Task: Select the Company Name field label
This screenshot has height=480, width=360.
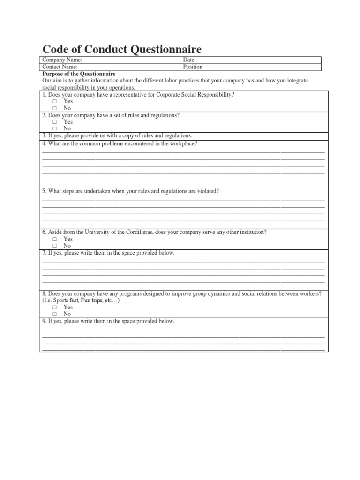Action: [62, 60]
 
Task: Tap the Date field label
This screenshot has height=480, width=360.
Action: [189, 60]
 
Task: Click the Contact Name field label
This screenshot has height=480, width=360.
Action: [60, 67]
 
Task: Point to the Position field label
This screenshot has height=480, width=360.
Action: [193, 67]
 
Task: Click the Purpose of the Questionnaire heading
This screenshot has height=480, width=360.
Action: [79, 74]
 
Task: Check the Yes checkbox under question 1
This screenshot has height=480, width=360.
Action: [54, 101]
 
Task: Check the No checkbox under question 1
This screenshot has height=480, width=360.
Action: [54, 108]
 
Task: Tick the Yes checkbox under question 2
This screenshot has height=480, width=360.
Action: [54, 122]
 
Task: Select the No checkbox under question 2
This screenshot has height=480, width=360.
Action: [54, 128]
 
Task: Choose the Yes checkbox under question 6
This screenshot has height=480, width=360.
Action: [54, 239]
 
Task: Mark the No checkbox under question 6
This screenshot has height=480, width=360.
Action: [54, 246]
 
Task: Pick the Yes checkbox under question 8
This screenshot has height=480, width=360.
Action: [54, 307]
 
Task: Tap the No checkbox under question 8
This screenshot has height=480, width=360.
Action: [54, 314]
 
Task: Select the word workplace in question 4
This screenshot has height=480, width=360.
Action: [183, 143]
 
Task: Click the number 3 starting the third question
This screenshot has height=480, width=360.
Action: [44, 135]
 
